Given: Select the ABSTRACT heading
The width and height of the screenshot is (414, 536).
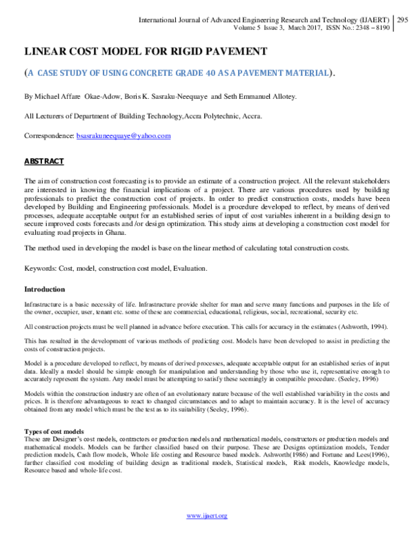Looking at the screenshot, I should [x=44, y=161].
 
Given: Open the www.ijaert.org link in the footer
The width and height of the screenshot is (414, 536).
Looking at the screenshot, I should [x=207, y=515].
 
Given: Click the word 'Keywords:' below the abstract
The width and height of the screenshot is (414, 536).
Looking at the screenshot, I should [x=41, y=269].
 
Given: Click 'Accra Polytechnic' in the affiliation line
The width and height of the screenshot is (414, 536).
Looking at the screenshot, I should [x=211, y=117].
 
